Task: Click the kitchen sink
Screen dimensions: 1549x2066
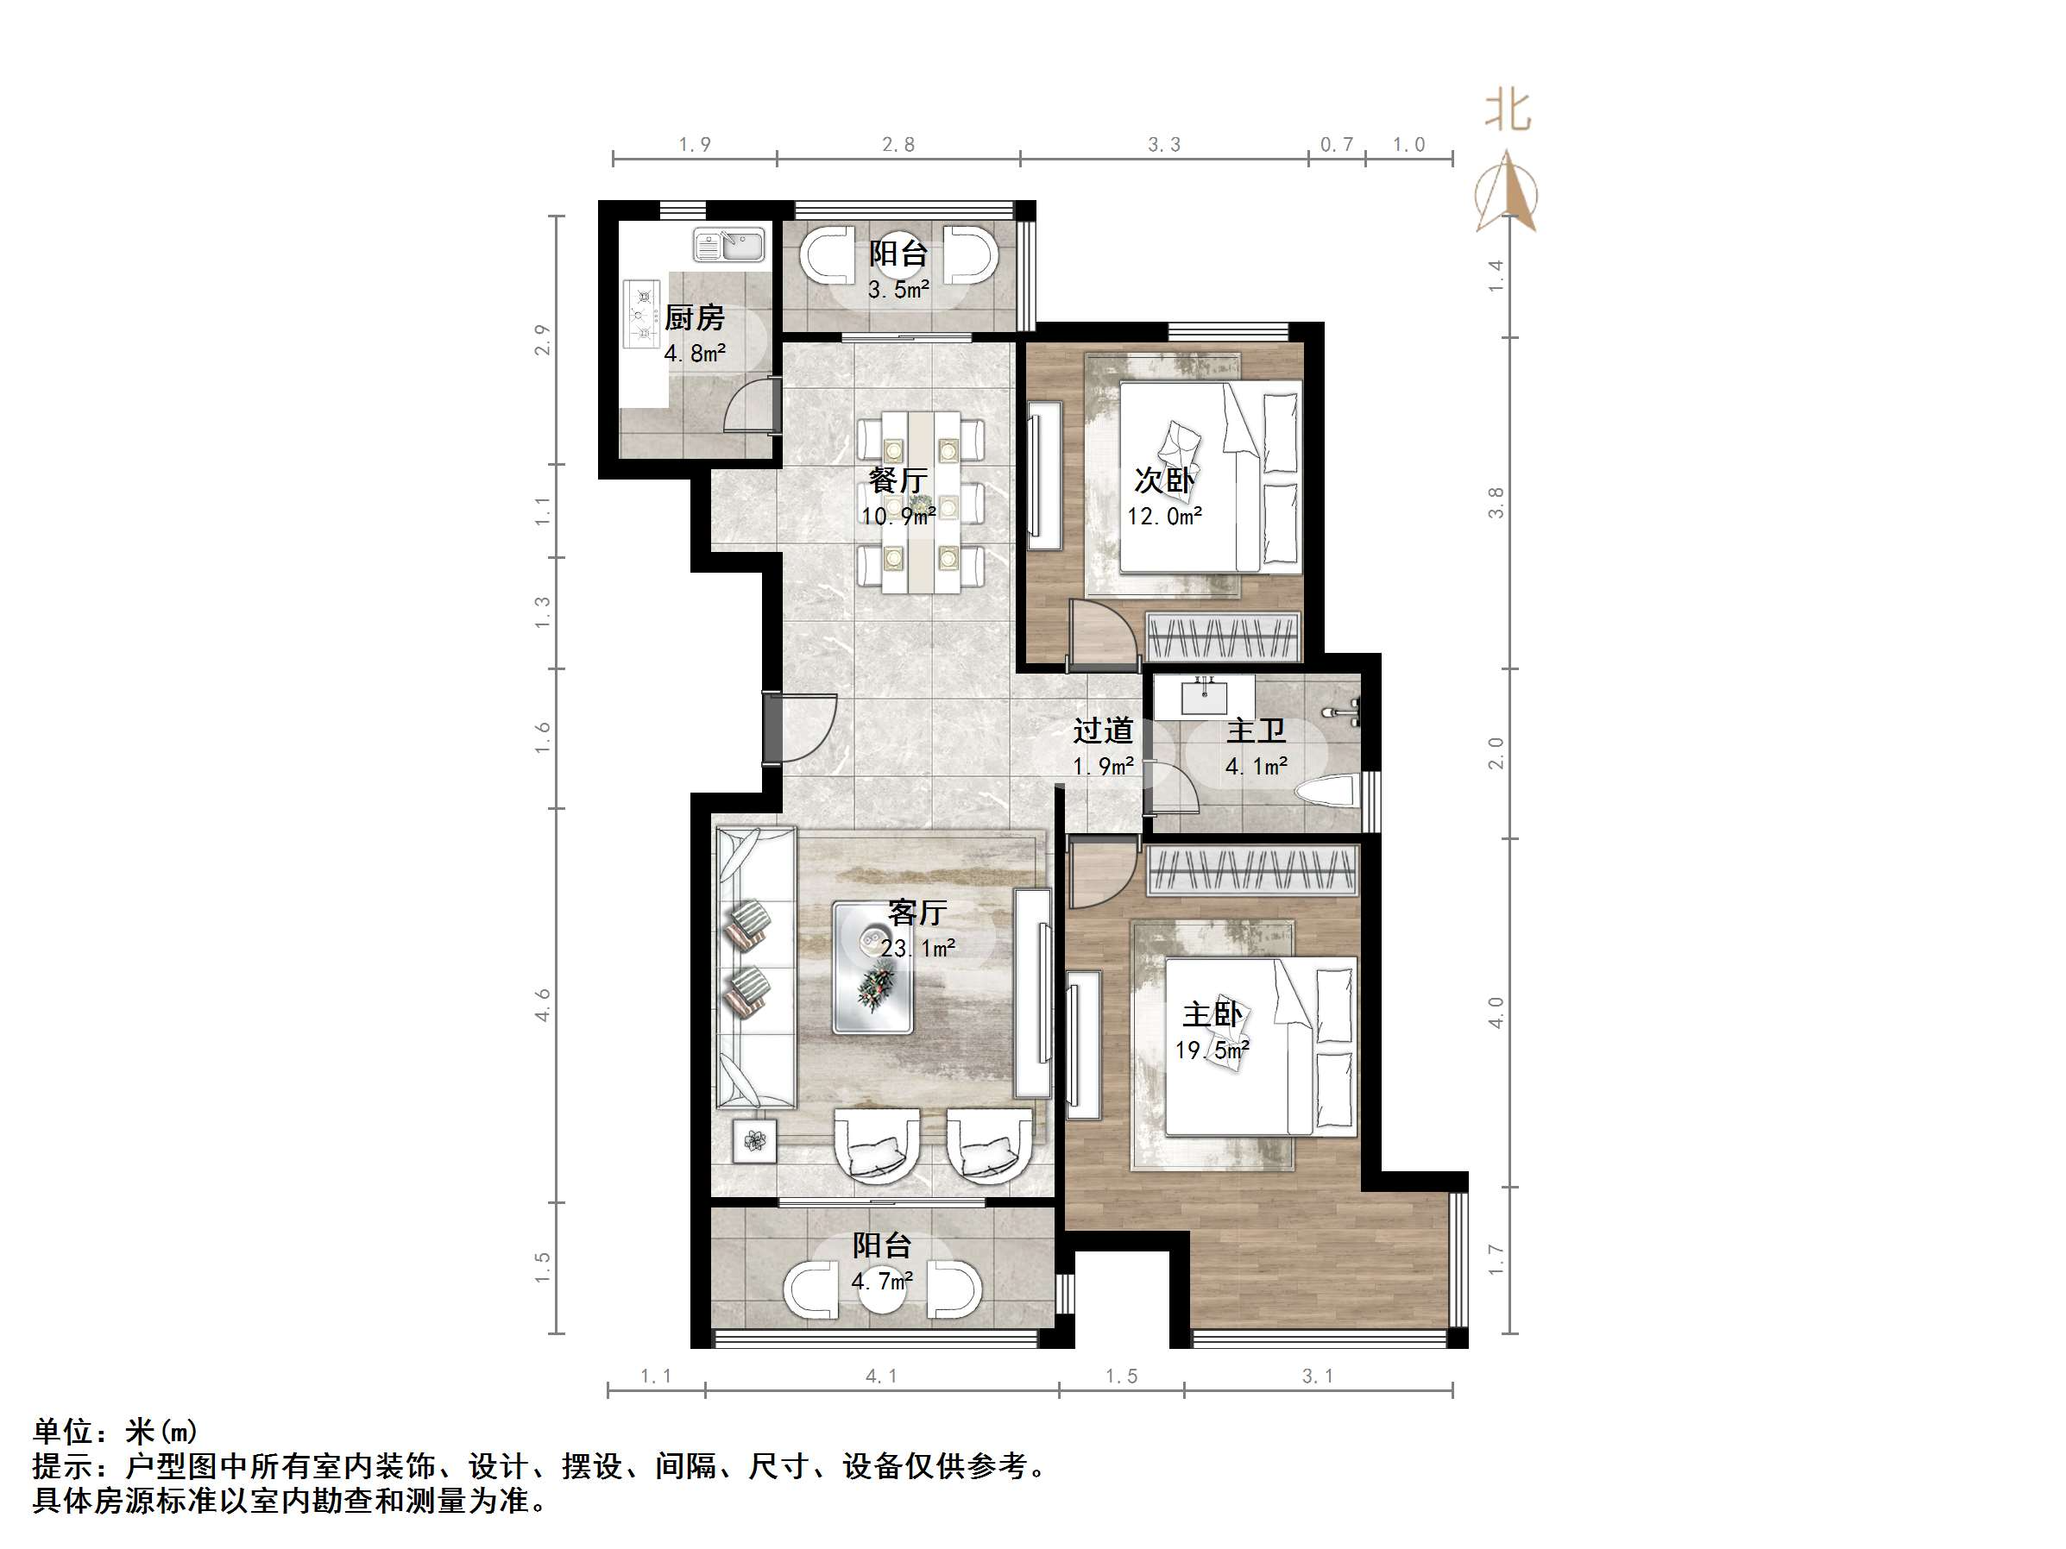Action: (728, 246)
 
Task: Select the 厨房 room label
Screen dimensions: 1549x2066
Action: (694, 318)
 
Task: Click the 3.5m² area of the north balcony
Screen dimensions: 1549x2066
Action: (898, 291)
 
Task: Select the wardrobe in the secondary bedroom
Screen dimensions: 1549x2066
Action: (1223, 637)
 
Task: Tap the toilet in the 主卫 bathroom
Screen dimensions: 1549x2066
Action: (1327, 791)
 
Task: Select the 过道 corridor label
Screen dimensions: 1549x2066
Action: (1103, 731)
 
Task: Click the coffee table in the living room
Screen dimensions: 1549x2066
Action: (872, 966)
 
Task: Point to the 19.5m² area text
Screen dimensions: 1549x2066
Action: (1212, 1050)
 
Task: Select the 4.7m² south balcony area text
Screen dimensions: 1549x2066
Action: (881, 1281)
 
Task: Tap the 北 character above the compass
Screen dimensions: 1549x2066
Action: (1508, 111)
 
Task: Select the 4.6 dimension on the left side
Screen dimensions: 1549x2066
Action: (543, 1005)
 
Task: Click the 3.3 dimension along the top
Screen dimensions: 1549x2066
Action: (1164, 145)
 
